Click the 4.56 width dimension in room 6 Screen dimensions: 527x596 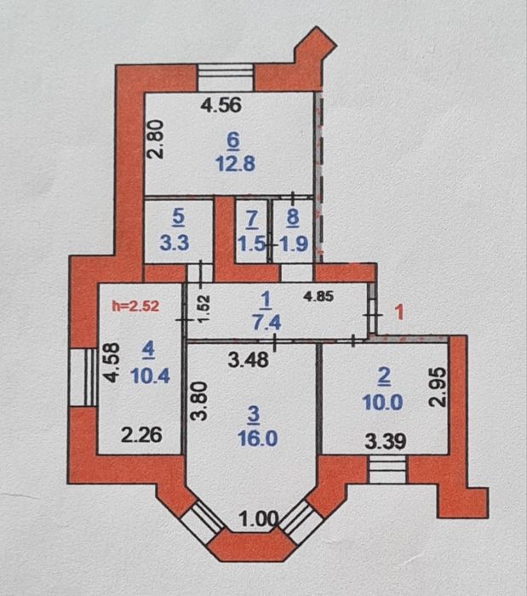pyautogui.click(x=221, y=105)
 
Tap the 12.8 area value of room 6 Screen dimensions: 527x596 pyautogui.click(x=235, y=163)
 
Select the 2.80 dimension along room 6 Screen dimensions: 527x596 pyautogui.click(x=156, y=139)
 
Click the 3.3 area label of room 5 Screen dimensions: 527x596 pyautogui.click(x=175, y=243)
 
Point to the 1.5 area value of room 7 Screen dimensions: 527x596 pyautogui.click(x=251, y=244)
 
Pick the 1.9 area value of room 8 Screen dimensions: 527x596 pyautogui.click(x=294, y=244)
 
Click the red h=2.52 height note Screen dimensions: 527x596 pyautogui.click(x=135, y=306)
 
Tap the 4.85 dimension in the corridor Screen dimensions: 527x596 pyautogui.click(x=318, y=296)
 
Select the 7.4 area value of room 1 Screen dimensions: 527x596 pyautogui.click(x=266, y=323)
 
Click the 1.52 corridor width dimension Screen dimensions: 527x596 pyautogui.click(x=204, y=308)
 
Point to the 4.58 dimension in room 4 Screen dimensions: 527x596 pyautogui.click(x=113, y=362)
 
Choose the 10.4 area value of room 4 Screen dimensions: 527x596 pyautogui.click(x=150, y=376)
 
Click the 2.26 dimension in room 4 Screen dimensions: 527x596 pyautogui.click(x=141, y=435)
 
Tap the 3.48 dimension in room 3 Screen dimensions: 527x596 pyautogui.click(x=248, y=359)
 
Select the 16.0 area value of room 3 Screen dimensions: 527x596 pyautogui.click(x=258, y=439)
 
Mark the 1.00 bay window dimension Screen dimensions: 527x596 pyautogui.click(x=258, y=519)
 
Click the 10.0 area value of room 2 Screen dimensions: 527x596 pyautogui.click(x=382, y=403)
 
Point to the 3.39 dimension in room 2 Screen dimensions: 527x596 pyautogui.click(x=386, y=441)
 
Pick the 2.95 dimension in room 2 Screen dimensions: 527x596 pyautogui.click(x=438, y=387)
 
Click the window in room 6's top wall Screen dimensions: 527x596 pyautogui.click(x=226, y=77)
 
